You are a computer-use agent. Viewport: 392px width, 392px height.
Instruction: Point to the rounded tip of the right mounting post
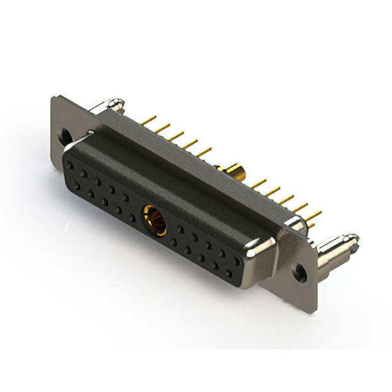pos(353,236)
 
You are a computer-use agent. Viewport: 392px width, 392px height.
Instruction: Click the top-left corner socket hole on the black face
pos(72,164)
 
